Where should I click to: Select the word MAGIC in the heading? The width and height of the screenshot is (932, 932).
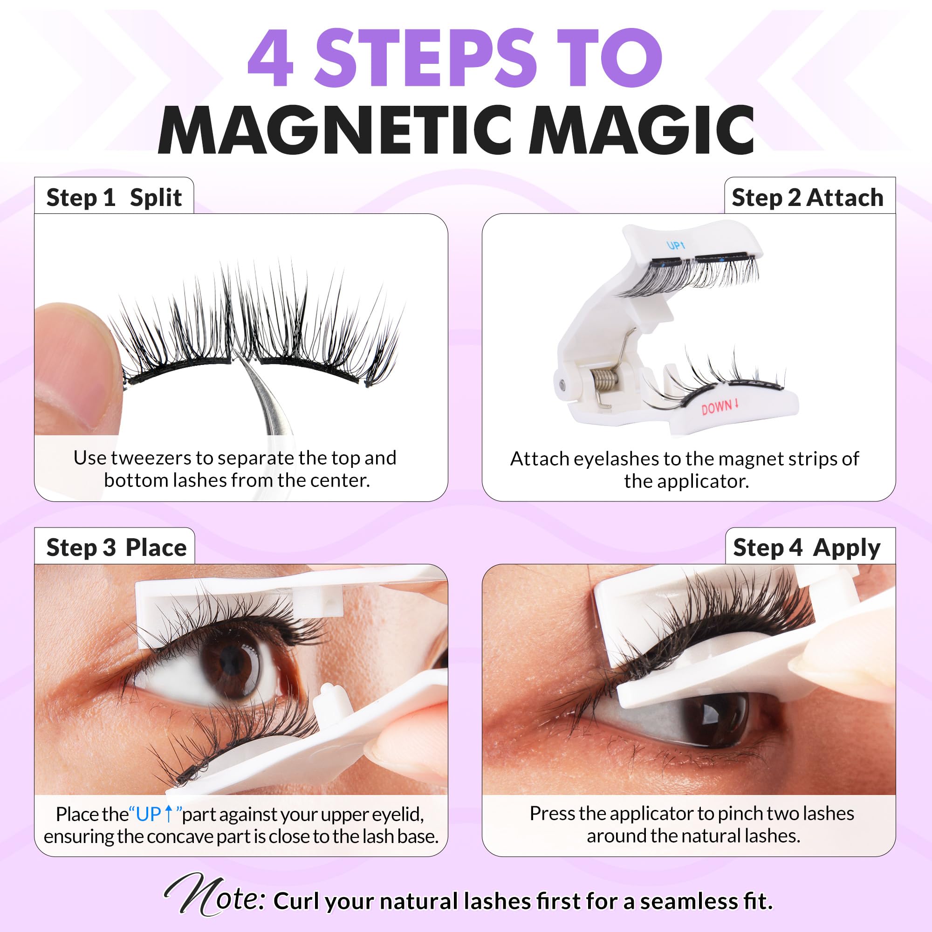click(642, 131)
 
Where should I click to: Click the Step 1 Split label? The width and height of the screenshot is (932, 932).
click(114, 197)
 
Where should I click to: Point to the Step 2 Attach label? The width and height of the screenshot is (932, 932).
click(807, 198)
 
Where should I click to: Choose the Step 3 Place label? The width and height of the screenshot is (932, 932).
click(116, 548)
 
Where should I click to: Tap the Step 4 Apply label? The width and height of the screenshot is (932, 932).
click(807, 548)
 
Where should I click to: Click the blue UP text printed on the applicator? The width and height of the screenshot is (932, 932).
click(675, 246)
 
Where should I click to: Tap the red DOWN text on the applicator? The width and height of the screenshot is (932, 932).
click(719, 408)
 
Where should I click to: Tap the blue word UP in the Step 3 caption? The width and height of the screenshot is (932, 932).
click(149, 814)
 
